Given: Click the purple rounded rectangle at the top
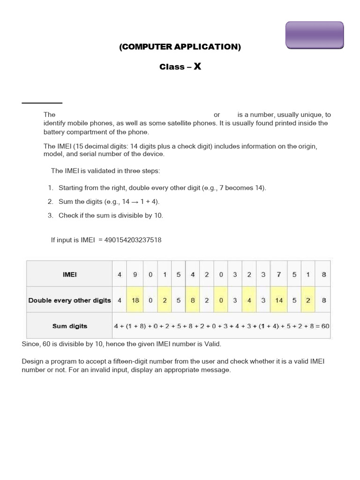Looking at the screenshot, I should (315, 35).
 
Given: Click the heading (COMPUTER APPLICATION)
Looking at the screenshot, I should (180, 47).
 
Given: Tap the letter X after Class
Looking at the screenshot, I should (197, 67).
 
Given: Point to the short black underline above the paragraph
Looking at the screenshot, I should (42, 103).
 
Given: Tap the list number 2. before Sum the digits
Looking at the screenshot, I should (51, 202).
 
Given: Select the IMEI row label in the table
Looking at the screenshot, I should (69, 275).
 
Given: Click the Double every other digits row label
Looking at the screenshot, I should (69, 300).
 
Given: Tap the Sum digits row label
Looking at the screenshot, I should (69, 326).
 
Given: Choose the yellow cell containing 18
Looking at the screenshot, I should (135, 300).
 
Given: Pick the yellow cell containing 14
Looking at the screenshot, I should (279, 300).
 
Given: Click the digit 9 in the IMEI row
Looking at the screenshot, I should (135, 275).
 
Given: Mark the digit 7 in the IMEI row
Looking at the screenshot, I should (279, 275).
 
